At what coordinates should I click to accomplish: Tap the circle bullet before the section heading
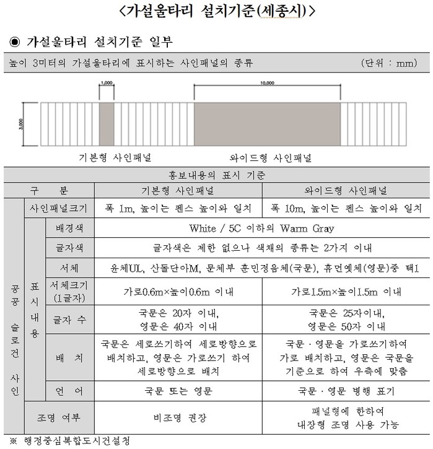point(14,42)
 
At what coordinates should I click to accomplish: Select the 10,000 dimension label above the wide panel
point(268,82)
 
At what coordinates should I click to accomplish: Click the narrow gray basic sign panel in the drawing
point(107,124)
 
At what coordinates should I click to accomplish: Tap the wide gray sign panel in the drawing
point(268,124)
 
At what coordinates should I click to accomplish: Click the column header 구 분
point(51,190)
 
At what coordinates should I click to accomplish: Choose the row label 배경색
point(70,229)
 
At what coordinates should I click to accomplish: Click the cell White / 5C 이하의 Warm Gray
point(262,229)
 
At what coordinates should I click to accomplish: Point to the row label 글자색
point(70,248)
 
